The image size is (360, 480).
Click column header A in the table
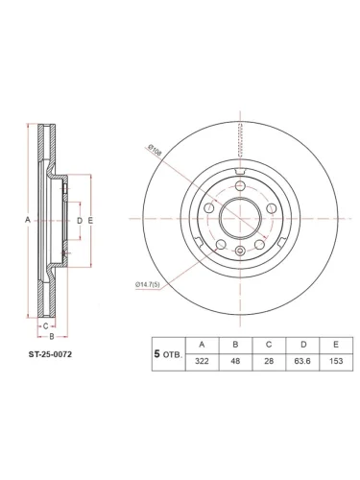[x=201, y=343]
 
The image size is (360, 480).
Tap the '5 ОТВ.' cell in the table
[x=169, y=353]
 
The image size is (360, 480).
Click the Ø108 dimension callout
[x=156, y=149]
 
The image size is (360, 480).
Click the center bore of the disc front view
[x=235, y=222]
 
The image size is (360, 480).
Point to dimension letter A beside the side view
[x=27, y=221]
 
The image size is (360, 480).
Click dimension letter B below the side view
[x=50, y=337]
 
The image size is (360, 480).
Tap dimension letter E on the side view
[x=89, y=221]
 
